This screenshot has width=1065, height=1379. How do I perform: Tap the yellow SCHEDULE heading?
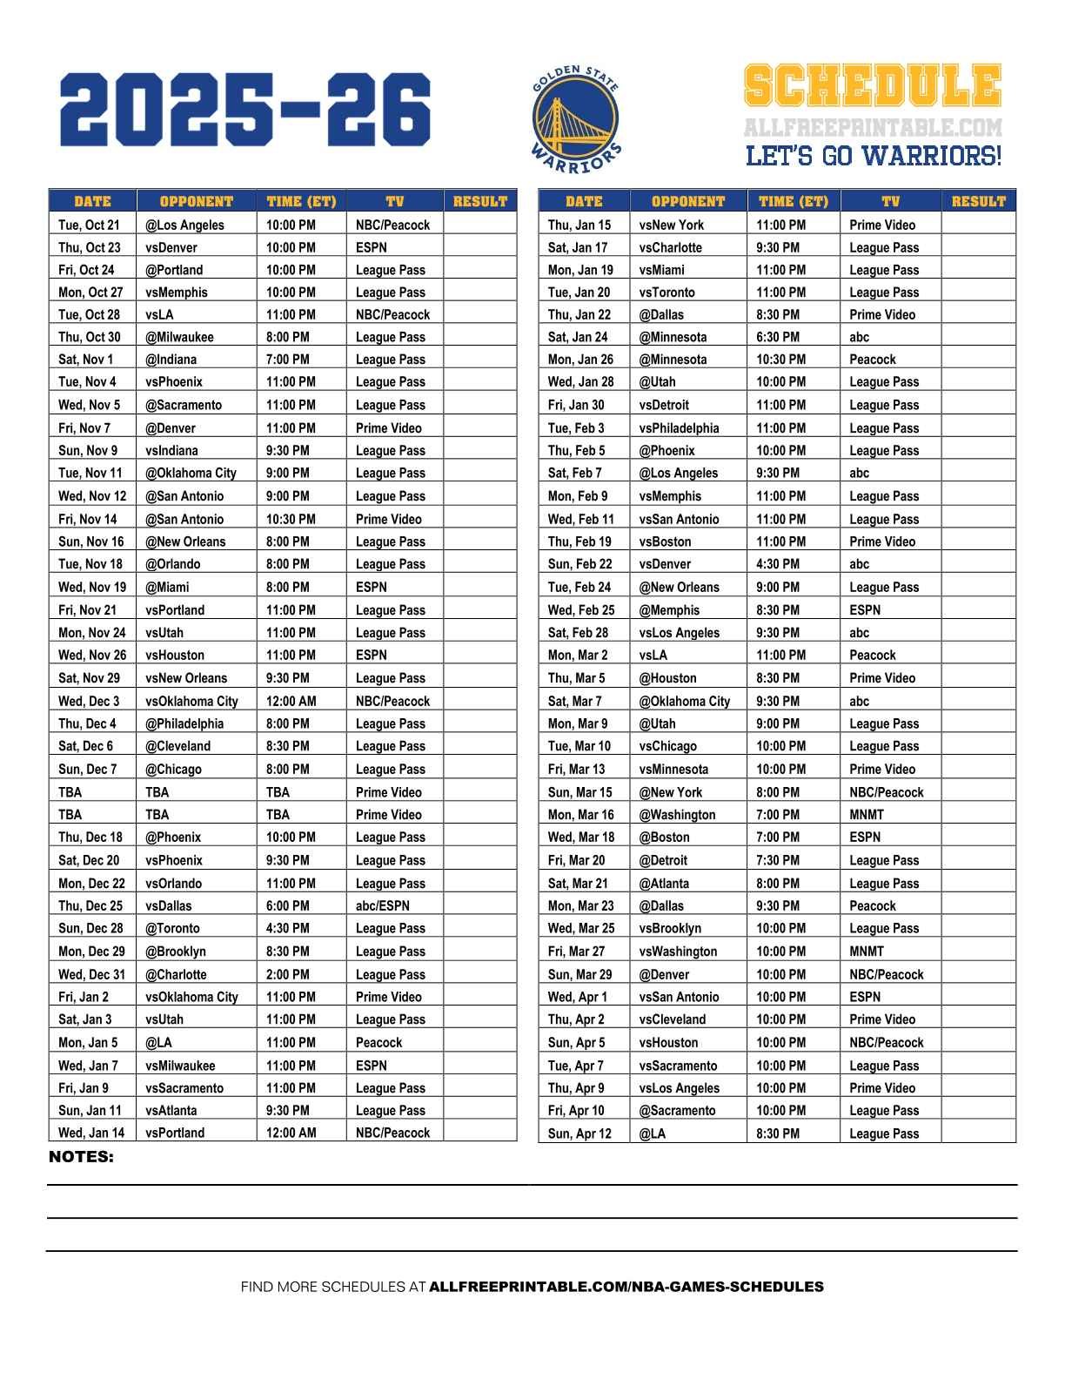click(x=872, y=86)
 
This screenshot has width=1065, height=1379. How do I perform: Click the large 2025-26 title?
click(x=245, y=110)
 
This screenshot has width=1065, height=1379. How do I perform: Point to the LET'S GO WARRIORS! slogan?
click(x=874, y=157)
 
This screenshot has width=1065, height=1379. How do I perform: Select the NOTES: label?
click(x=81, y=1157)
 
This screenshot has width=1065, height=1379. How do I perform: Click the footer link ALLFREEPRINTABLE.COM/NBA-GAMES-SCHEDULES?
click(x=626, y=1287)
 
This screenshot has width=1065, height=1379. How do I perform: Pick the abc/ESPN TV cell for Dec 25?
click(x=382, y=905)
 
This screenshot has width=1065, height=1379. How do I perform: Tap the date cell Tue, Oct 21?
click(x=89, y=225)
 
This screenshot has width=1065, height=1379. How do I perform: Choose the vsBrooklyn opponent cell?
click(x=670, y=928)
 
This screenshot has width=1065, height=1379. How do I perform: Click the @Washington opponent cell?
click(x=677, y=815)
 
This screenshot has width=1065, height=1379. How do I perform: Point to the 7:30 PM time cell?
click(x=778, y=860)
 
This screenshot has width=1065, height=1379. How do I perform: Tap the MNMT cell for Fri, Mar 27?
click(x=867, y=952)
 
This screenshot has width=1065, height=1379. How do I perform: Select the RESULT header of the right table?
click(x=978, y=201)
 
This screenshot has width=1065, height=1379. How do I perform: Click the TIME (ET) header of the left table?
click(x=301, y=201)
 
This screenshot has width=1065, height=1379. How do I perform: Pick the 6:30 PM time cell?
click(x=778, y=337)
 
